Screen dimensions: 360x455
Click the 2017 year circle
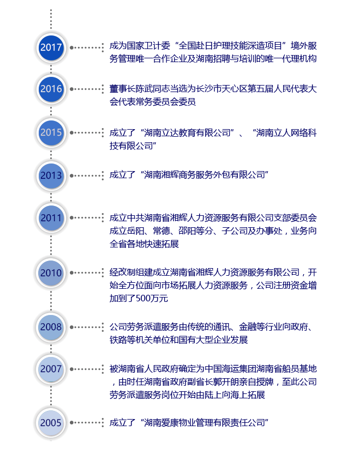coord(51,47)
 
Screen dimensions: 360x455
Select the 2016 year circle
coord(51,89)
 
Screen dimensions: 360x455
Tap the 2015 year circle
coord(51,132)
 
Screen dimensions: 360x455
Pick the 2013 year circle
coord(51,175)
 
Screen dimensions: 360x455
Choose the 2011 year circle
coord(51,217)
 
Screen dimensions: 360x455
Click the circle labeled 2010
coord(51,273)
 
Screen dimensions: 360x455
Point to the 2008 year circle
coord(51,327)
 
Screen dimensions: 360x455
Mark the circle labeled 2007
coord(51,369)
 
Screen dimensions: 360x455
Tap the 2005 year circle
coord(51,423)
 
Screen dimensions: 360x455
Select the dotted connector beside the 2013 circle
coord(87,175)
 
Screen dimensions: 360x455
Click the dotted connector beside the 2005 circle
coord(87,423)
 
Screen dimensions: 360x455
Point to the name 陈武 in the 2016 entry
coord(144,89)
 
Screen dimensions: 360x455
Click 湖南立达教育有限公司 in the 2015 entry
coord(187,133)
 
